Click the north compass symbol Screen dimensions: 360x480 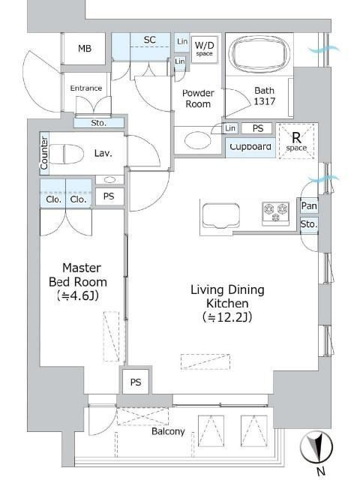coord(316,448)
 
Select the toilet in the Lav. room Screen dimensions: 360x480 coord(67,154)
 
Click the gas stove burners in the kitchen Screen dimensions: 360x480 coord(275,211)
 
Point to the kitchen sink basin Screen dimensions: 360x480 coord(221,216)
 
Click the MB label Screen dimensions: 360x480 coord(85,48)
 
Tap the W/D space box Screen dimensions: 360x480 coord(205,49)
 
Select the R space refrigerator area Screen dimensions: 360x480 coord(297,141)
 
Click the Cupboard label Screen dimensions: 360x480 coord(250,147)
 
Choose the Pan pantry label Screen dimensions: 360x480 coord(309,205)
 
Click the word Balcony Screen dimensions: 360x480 coord(168,431)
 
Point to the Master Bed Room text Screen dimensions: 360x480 coord(78,275)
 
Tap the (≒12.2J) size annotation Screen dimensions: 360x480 coord(227,317)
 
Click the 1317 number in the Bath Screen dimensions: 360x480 coord(265,101)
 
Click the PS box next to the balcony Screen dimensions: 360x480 coord(136,382)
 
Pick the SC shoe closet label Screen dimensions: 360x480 coord(150,40)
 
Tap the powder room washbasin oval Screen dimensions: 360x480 coord(198,140)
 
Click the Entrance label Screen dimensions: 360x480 coord(86,88)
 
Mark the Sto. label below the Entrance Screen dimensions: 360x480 coord(98,123)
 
